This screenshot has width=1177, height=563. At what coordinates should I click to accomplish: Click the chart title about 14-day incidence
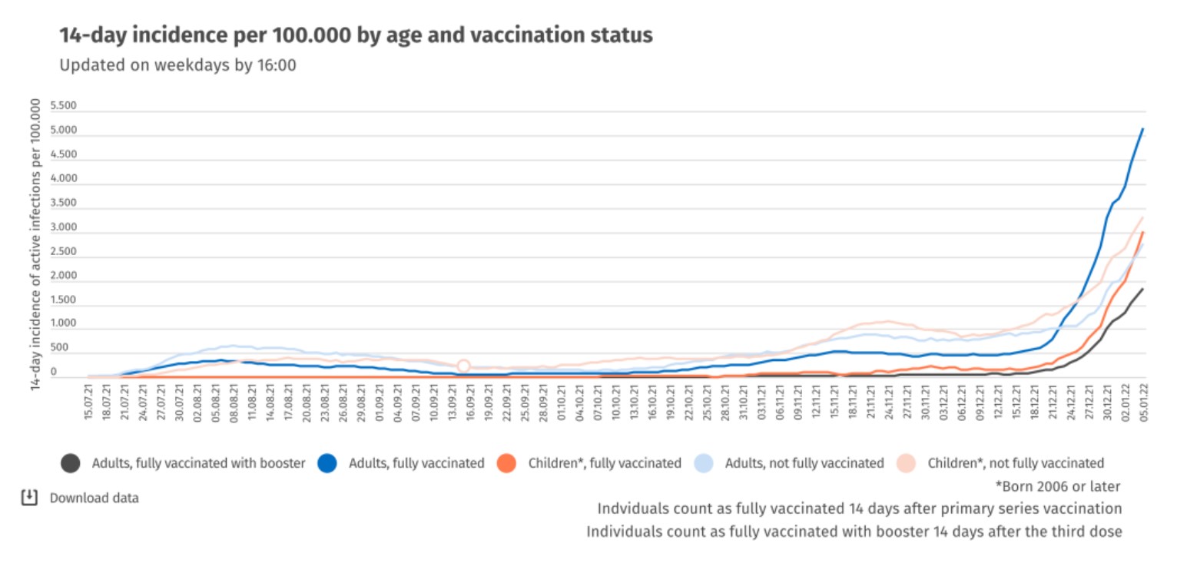coord(356,35)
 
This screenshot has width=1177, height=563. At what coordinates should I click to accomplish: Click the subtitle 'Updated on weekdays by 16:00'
coord(177,66)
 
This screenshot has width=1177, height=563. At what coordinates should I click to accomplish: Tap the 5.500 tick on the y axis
coord(63,107)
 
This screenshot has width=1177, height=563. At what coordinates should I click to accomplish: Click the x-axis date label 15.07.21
coord(90,405)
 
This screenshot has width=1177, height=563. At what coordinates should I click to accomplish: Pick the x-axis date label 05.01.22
coord(1142,405)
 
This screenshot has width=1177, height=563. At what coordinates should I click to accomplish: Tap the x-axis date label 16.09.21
coord(467,405)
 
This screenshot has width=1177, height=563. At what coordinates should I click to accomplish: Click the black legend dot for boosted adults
coord(71,463)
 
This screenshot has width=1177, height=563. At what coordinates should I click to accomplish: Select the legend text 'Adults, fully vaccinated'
coord(416,463)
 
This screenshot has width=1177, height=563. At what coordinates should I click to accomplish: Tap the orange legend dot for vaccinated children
coord(507,463)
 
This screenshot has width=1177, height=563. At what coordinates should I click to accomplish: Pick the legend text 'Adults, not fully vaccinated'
coord(804,463)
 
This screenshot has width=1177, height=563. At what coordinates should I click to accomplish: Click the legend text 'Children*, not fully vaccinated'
coord(1016,463)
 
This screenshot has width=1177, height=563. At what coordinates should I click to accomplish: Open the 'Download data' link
coord(94,498)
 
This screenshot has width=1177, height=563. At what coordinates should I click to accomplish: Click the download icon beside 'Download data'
coord(28,498)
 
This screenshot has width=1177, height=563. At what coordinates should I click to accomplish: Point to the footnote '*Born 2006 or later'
coord(1058,486)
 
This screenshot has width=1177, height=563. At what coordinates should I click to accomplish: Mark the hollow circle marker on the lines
coord(463,366)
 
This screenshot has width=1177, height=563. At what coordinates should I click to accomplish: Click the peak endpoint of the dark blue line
coord(1142,129)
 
